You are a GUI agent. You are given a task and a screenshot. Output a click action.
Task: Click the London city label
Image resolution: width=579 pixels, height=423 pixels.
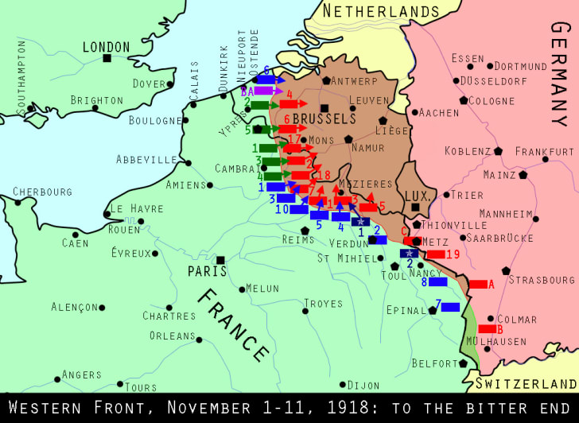106,48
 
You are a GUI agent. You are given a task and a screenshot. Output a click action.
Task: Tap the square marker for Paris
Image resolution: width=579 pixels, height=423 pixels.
220,259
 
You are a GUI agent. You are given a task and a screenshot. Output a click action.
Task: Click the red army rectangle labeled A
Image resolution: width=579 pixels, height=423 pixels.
478,284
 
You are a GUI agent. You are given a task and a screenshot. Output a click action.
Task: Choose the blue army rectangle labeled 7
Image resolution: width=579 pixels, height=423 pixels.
450,307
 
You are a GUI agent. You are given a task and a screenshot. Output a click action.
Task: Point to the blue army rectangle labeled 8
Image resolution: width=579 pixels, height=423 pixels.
437,281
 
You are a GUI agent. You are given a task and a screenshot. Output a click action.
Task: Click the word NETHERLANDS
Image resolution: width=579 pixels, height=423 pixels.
381,12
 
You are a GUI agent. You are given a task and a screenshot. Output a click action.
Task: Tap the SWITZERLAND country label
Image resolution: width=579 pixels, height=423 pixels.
526,383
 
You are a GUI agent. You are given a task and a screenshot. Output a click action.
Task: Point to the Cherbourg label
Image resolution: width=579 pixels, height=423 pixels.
42,192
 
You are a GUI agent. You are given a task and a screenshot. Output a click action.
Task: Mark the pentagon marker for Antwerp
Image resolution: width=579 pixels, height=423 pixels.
326,80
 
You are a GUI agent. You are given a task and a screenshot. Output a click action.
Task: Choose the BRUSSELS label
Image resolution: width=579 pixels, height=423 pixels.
324,118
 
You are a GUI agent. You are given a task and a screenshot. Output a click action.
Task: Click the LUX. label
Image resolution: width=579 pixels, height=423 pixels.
417,196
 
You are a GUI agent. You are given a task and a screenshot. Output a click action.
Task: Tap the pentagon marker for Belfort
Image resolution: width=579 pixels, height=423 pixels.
463,363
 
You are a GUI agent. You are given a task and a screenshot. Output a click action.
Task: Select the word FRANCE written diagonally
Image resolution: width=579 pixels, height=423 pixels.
232,324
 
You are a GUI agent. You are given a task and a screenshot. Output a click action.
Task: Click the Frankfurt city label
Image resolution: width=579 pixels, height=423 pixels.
544,151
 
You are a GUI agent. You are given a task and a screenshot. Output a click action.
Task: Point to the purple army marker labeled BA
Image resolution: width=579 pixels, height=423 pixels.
263,91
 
